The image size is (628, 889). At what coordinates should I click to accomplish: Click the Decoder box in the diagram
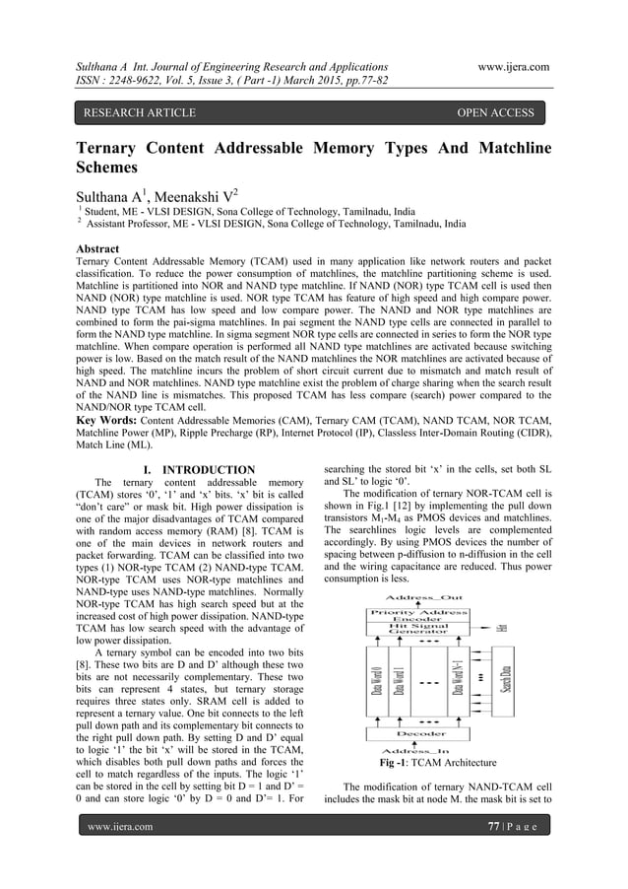[x=419, y=733]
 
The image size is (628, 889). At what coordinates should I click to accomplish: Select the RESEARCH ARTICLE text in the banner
[x=139, y=113]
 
